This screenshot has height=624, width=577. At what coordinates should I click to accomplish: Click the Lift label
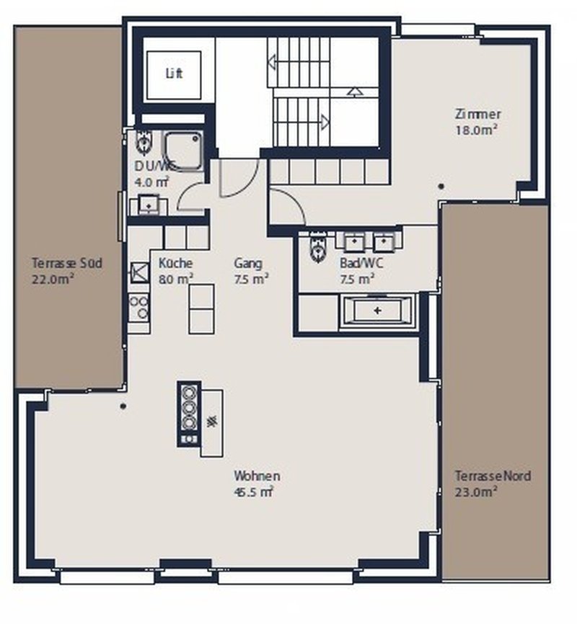174,73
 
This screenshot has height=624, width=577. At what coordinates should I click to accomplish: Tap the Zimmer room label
477,114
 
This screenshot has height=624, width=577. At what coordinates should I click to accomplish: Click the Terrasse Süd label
67,263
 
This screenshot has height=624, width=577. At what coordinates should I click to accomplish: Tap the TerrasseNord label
493,476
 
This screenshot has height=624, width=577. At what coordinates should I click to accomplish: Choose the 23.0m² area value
476,492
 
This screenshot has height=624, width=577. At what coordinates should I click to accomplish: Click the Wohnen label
257,476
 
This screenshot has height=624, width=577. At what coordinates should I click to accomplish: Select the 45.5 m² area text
252,492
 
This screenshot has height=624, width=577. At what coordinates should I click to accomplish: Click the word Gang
248,264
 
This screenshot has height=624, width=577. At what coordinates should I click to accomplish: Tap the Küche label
175,264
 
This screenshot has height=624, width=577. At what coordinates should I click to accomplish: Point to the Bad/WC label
361,264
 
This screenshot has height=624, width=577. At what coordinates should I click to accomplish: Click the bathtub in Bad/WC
378,311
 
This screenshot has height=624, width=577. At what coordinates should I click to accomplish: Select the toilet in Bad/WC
317,249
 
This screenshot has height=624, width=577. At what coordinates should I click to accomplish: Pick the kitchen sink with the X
138,272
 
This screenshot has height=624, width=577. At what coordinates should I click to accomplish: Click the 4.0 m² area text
151,182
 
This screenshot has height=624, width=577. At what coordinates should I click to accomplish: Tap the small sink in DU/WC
149,205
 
